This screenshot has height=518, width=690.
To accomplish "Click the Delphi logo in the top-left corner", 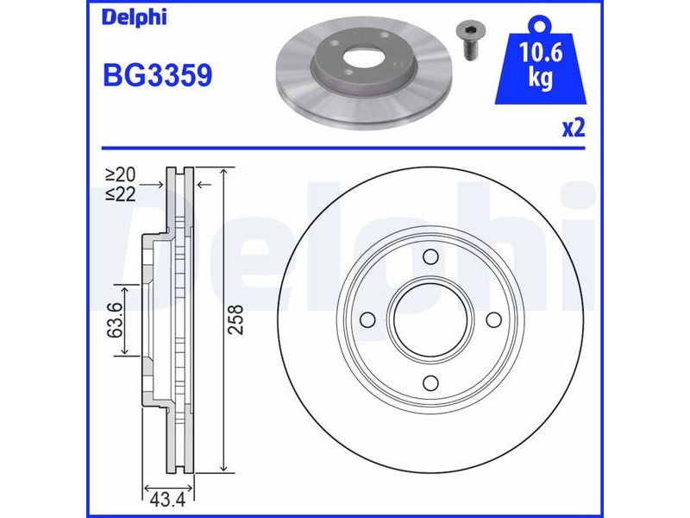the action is tap(135, 17).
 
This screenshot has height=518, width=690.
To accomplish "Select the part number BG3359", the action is tap(158, 75).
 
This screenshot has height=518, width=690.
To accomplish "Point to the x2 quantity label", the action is tap(574, 129).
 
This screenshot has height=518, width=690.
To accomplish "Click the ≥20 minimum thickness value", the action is tap(121, 175).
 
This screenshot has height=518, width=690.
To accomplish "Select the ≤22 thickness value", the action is tap(121, 193).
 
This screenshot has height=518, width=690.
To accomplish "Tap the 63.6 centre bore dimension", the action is tap(115, 319).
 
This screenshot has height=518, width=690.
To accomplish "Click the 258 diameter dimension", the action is tap(236, 319).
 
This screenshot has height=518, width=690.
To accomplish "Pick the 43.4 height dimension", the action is tap(167, 500).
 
